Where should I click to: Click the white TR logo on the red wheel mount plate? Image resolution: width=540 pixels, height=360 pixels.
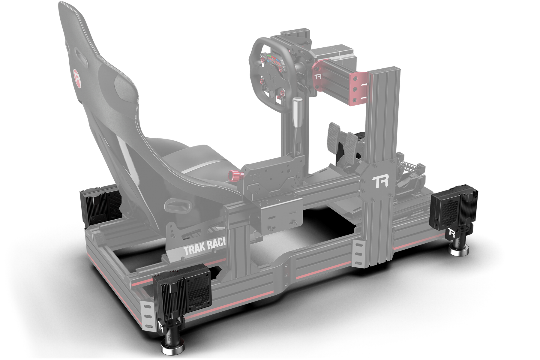[318, 76]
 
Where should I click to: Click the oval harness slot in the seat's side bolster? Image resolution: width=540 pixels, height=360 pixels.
[177, 207]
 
